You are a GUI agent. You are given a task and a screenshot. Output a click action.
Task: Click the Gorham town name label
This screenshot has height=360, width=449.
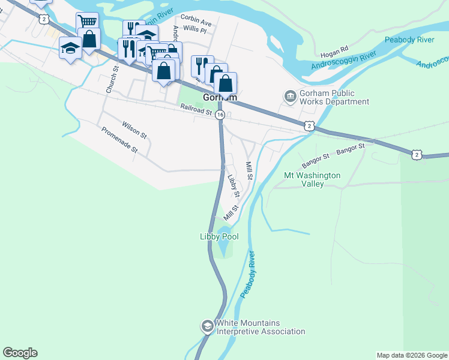tap(220, 97)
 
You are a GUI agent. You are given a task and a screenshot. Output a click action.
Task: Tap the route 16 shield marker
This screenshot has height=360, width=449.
tap(220, 115)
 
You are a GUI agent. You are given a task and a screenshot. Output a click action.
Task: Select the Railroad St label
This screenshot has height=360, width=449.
tap(196, 109)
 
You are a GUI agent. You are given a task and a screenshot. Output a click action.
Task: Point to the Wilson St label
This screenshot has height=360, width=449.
tap(134, 128)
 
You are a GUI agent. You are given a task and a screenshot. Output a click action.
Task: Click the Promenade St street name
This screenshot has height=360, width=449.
tap(119, 140)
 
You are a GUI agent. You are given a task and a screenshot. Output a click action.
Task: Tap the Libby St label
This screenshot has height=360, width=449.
tap(234, 186)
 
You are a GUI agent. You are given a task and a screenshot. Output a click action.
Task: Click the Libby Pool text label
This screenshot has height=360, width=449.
tap(219, 237)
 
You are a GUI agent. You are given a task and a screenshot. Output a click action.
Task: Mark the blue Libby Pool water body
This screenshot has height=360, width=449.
tap(224, 244)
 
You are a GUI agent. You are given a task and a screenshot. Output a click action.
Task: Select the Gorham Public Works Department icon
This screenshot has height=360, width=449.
tap(290, 97)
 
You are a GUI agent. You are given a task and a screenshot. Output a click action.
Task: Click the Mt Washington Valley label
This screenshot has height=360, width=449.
tap(312, 179)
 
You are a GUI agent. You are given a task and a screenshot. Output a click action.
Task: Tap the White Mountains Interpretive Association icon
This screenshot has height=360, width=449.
tap(207, 326)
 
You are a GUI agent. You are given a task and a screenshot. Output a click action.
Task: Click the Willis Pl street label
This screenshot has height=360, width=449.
tap(195, 29)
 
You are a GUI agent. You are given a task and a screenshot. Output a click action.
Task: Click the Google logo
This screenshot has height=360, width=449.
tap(20, 353)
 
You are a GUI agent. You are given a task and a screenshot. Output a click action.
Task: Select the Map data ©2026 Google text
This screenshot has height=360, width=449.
tap(412, 355)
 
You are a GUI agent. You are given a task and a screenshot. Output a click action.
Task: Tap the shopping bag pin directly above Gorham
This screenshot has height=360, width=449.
tap(225, 83)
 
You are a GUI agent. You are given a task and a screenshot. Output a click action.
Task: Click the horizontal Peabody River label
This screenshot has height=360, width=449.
tap(409, 40)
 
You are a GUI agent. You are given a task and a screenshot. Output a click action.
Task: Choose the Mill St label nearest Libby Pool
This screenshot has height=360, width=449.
tap(231, 212)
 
